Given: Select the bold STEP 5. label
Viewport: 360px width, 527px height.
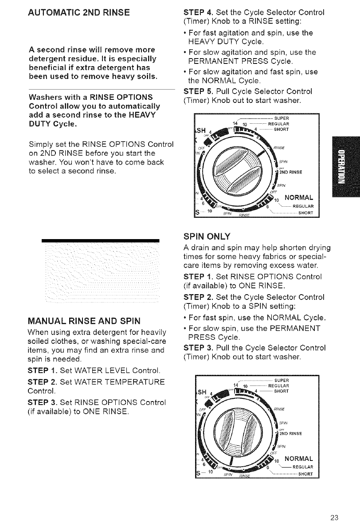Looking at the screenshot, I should click(196, 91).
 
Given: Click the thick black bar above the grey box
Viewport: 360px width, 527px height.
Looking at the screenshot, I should click(100, 240).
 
